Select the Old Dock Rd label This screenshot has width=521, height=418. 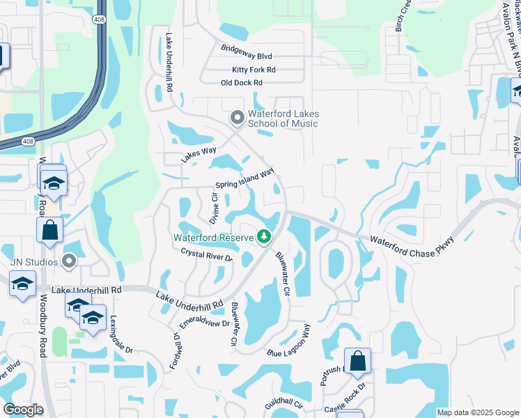pyautogui.click(x=241, y=83)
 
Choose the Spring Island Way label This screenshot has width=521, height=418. pyautogui.click(x=244, y=180)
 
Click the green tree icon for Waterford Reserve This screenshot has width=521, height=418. pyautogui.click(x=264, y=238)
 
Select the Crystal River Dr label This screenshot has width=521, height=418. pyautogui.click(x=205, y=254)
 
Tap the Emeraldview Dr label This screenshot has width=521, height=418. pyautogui.click(x=204, y=323)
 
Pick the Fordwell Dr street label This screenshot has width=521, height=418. pyautogui.click(x=175, y=349)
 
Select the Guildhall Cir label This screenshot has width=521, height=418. pyautogui.click(x=283, y=404)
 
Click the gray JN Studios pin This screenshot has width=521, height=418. pyautogui.click(x=68, y=261)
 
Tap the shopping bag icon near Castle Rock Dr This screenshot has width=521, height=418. pyautogui.click(x=357, y=360)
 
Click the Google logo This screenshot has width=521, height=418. pyautogui.click(x=23, y=410)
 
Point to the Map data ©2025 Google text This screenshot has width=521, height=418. pyautogui.click(x=477, y=412)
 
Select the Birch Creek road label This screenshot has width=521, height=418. pyautogui.click(x=404, y=17)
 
